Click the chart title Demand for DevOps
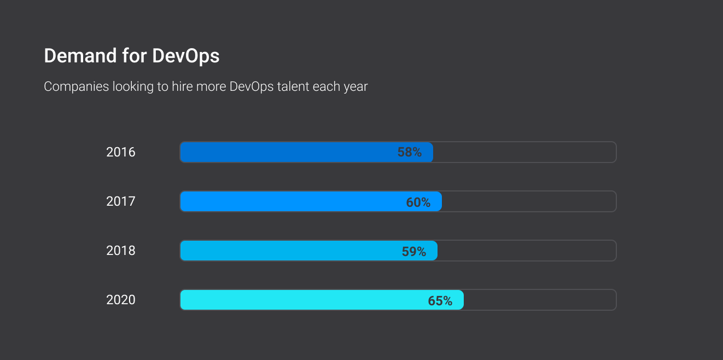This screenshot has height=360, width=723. pyautogui.click(x=131, y=56)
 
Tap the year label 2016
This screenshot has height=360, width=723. pyautogui.click(x=121, y=152)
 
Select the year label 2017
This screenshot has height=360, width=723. pyautogui.click(x=121, y=201)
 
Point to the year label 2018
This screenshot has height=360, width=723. pyautogui.click(x=121, y=251)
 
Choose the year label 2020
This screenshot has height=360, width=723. pyautogui.click(x=121, y=300)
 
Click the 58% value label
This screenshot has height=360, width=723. pyautogui.click(x=409, y=153)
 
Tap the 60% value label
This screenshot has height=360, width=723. pyautogui.click(x=418, y=202)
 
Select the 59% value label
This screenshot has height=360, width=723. pyautogui.click(x=413, y=252)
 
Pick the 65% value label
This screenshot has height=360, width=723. pyautogui.click(x=440, y=301)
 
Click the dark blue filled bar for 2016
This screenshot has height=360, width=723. pyautogui.click(x=284, y=152)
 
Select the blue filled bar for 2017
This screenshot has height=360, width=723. pyautogui.click(x=290, y=201)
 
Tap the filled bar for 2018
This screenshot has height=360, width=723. pyautogui.click(x=287, y=251)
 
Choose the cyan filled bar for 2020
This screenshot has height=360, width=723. pyautogui.click(x=301, y=300)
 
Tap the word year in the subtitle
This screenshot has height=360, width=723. pyautogui.click(x=355, y=87)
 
